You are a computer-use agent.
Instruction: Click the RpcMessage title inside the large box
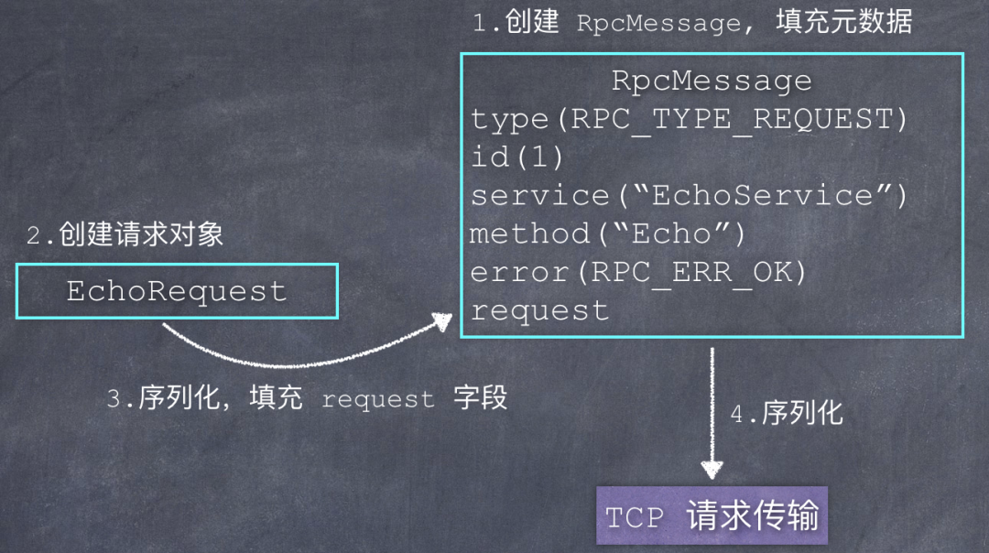(712, 81)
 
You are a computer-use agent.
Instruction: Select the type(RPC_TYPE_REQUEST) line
(689, 119)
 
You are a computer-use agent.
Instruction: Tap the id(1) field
(516, 157)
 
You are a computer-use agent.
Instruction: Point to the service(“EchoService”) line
(689, 195)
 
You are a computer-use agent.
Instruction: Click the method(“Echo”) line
(608, 233)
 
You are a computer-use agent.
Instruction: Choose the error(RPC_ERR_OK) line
(638, 272)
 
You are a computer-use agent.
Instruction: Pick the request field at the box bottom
(539, 310)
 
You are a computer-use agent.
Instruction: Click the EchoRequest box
(177, 291)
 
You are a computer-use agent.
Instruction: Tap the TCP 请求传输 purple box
(712, 516)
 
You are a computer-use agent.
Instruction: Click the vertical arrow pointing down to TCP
(712, 403)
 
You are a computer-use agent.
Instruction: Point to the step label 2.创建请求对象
(125, 234)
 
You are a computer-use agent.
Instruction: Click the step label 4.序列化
(786, 413)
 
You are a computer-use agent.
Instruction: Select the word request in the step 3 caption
(377, 400)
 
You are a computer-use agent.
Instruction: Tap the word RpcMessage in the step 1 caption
(658, 24)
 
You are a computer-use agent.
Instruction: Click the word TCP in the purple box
(634, 517)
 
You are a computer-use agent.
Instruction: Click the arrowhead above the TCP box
(712, 470)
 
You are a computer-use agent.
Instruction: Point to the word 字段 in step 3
(480, 398)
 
